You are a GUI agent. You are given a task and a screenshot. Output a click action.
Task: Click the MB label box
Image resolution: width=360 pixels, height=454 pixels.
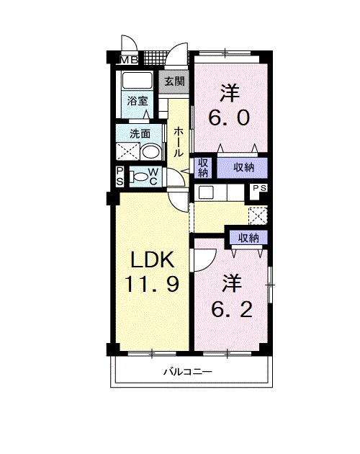(x=130, y=60)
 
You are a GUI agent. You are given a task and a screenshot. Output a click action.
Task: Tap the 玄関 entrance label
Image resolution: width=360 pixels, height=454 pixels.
(x=174, y=81)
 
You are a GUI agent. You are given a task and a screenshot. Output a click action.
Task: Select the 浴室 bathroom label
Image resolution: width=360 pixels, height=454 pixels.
(x=138, y=101)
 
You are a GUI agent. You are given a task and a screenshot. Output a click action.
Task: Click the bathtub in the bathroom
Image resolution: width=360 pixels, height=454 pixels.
(x=137, y=81)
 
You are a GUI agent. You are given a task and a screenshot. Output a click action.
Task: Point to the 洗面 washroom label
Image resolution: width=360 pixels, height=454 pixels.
(x=140, y=133)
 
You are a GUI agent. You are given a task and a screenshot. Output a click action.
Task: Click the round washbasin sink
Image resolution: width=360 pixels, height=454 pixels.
(x=150, y=151)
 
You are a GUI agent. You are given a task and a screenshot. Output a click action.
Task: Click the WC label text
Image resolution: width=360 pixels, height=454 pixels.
(x=153, y=177)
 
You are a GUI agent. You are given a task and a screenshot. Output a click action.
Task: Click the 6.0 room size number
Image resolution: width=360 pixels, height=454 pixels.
(x=230, y=117)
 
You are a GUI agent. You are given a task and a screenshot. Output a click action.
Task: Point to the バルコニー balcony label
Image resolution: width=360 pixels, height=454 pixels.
(x=186, y=373)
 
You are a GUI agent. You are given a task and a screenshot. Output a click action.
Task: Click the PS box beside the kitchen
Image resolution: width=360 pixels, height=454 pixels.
(x=258, y=189)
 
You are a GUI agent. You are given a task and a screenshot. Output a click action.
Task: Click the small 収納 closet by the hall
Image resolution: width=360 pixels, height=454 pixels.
(x=203, y=167)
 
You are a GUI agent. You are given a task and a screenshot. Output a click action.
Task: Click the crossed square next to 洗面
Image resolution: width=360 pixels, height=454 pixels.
(x=127, y=151)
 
